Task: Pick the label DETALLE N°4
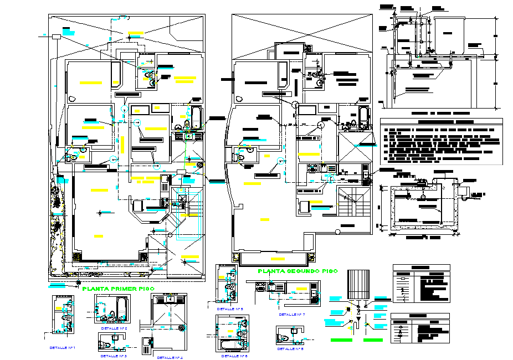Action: [170, 357]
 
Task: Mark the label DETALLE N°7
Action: [293, 314]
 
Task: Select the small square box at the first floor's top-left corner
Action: [56, 37]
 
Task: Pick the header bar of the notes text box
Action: [441, 121]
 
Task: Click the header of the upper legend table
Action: [421, 268]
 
